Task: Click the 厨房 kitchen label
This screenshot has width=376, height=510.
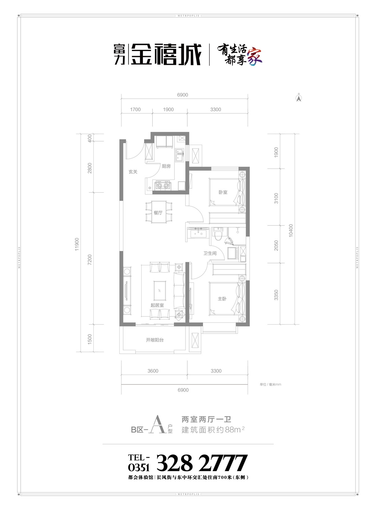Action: [166, 166]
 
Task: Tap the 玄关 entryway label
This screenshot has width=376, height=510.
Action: [133, 172]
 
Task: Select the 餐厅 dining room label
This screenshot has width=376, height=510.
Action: [158, 213]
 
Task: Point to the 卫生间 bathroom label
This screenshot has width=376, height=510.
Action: [210, 253]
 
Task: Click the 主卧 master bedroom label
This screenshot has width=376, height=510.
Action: [222, 299]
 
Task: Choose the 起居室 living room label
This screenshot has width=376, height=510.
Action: [157, 305]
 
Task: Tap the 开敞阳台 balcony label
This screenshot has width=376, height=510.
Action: [155, 340]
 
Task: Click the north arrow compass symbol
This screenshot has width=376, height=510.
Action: [299, 98]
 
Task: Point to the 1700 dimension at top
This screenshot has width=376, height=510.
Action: [135, 110]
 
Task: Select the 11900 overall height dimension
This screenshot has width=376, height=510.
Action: [77, 244]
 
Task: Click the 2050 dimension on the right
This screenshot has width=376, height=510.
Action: [276, 245]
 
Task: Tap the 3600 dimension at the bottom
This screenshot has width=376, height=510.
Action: [153, 371]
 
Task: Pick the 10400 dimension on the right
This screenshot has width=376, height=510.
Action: [291, 231]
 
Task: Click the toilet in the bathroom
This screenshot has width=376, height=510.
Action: [218, 234]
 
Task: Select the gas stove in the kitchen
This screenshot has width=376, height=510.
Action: [162, 185]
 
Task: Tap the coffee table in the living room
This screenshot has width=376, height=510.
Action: [160, 291]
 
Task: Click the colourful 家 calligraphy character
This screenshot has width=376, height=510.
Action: [255, 56]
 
